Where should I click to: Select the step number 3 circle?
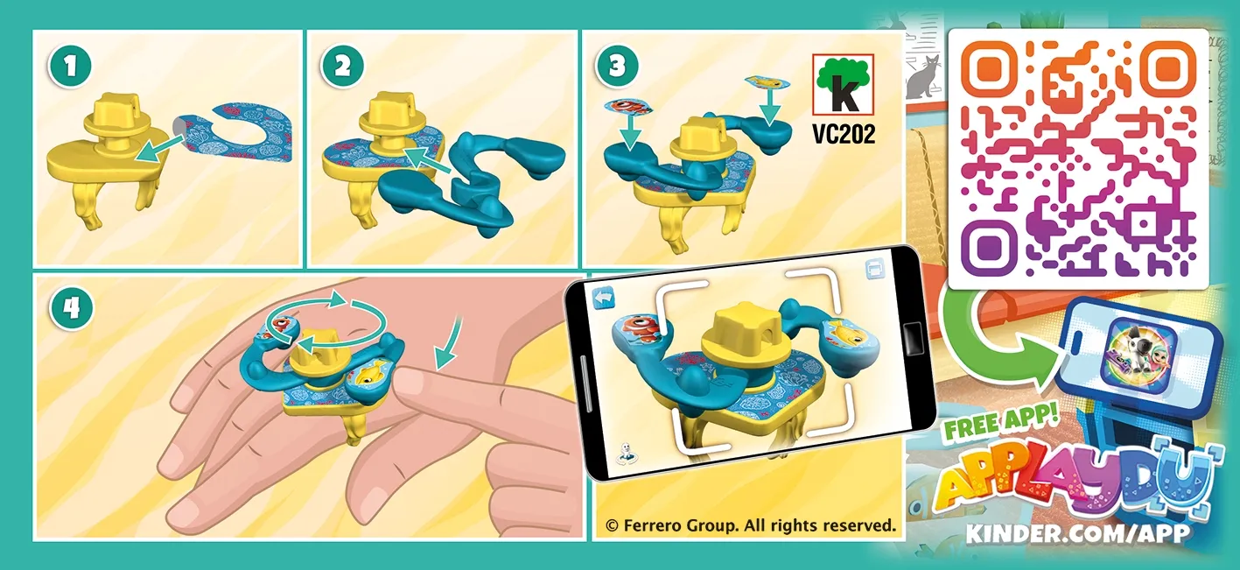(612, 67)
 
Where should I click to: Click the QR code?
(1079, 158)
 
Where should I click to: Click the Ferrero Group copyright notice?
(751, 525)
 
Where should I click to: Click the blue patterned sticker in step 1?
(241, 131)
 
